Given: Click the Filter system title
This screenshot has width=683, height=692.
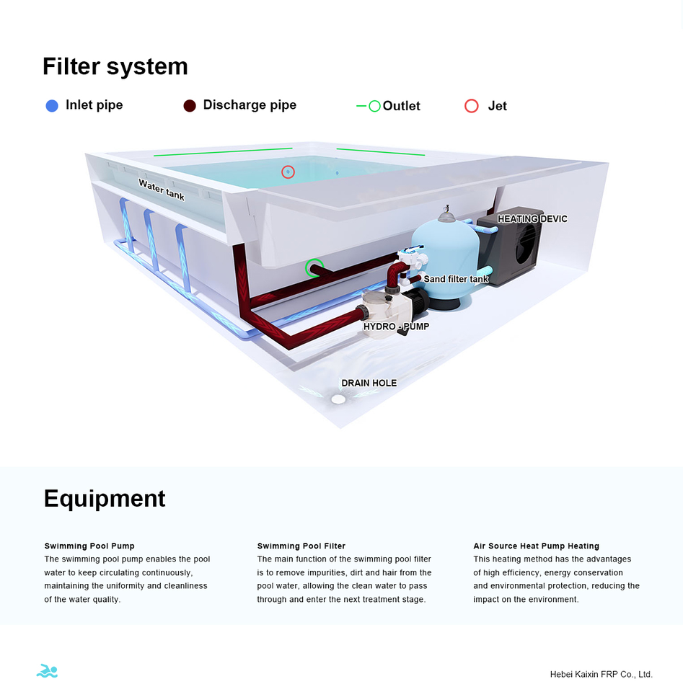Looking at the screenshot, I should point(115,66).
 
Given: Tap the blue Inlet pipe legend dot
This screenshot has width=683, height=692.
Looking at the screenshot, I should point(52,106).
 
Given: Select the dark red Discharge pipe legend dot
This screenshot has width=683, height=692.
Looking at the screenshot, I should point(190,106).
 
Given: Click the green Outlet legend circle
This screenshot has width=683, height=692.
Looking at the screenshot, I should point(374,106).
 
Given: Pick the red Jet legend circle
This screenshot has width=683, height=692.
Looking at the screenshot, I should point(472,106).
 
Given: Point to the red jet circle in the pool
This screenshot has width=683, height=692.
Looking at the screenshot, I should point(288,172).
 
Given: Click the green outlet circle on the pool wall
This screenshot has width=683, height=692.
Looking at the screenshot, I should point(314,268).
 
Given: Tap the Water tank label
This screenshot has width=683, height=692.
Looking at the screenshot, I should point(162,190).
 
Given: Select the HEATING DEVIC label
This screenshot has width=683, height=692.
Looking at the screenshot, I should point(532,218).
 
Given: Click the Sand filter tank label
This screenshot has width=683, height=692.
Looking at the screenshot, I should point(456,279).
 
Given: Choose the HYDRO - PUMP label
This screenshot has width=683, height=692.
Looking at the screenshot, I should point(396,327).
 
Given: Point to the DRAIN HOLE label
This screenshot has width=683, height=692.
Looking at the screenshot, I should point(369,383).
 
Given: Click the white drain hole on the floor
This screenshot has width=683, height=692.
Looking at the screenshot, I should point(338,399).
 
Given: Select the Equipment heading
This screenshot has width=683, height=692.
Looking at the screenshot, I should point(105,498).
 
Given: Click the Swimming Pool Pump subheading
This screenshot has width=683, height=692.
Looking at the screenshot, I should point(89,546).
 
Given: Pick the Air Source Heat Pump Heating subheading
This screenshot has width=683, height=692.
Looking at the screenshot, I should point(536,546).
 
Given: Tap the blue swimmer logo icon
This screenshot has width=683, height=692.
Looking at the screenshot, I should point(47,671).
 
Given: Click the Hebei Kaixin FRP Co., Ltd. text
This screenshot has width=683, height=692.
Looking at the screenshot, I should point(601,674).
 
